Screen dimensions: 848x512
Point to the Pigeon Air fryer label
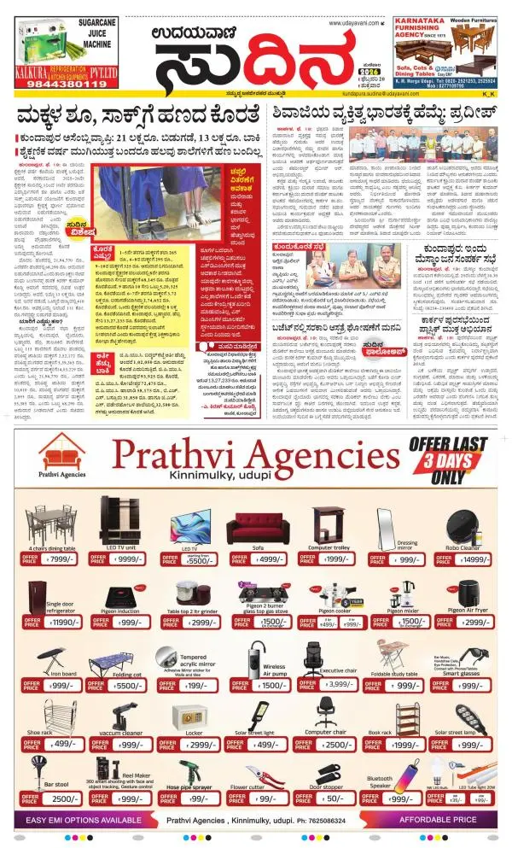(467, 611)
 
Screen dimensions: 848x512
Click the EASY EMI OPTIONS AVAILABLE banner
(84, 820)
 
